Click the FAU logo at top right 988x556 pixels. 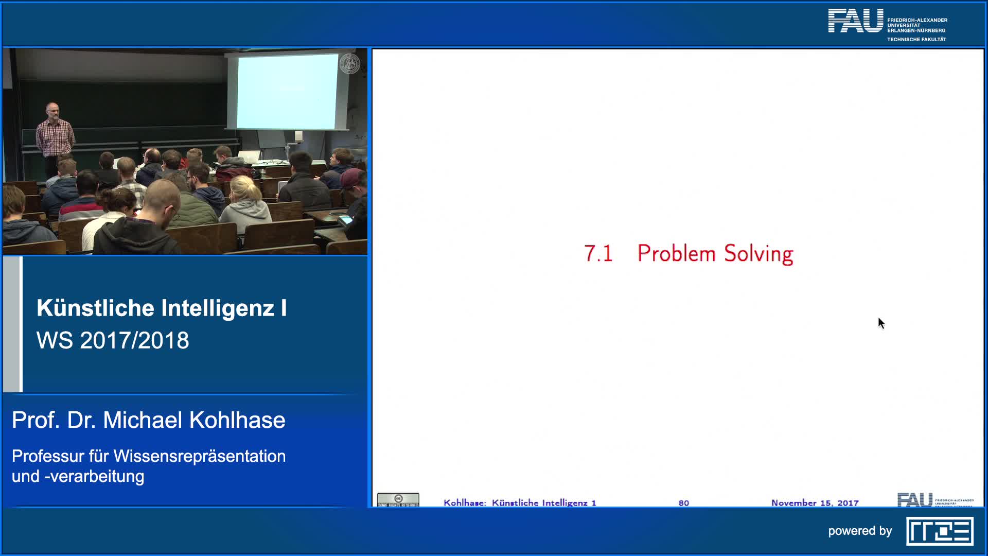coord(855,21)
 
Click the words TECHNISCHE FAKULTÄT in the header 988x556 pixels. coord(916,40)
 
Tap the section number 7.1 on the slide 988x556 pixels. coord(598,253)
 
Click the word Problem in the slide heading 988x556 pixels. coord(676,253)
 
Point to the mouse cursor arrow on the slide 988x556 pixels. coord(881,323)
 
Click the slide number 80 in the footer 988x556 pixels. coord(683,502)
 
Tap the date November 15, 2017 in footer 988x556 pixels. coord(815,502)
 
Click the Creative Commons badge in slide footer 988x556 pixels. coord(398,500)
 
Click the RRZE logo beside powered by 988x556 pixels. coord(940,531)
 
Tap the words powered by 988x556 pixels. coord(860,531)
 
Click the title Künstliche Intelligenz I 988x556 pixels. coord(162,308)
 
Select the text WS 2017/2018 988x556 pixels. coord(113,340)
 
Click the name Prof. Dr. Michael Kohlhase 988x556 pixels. coord(148,420)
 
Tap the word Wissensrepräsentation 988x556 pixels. coord(199,456)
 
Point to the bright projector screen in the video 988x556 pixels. coord(287,92)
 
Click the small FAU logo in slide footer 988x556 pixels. coord(914,499)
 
